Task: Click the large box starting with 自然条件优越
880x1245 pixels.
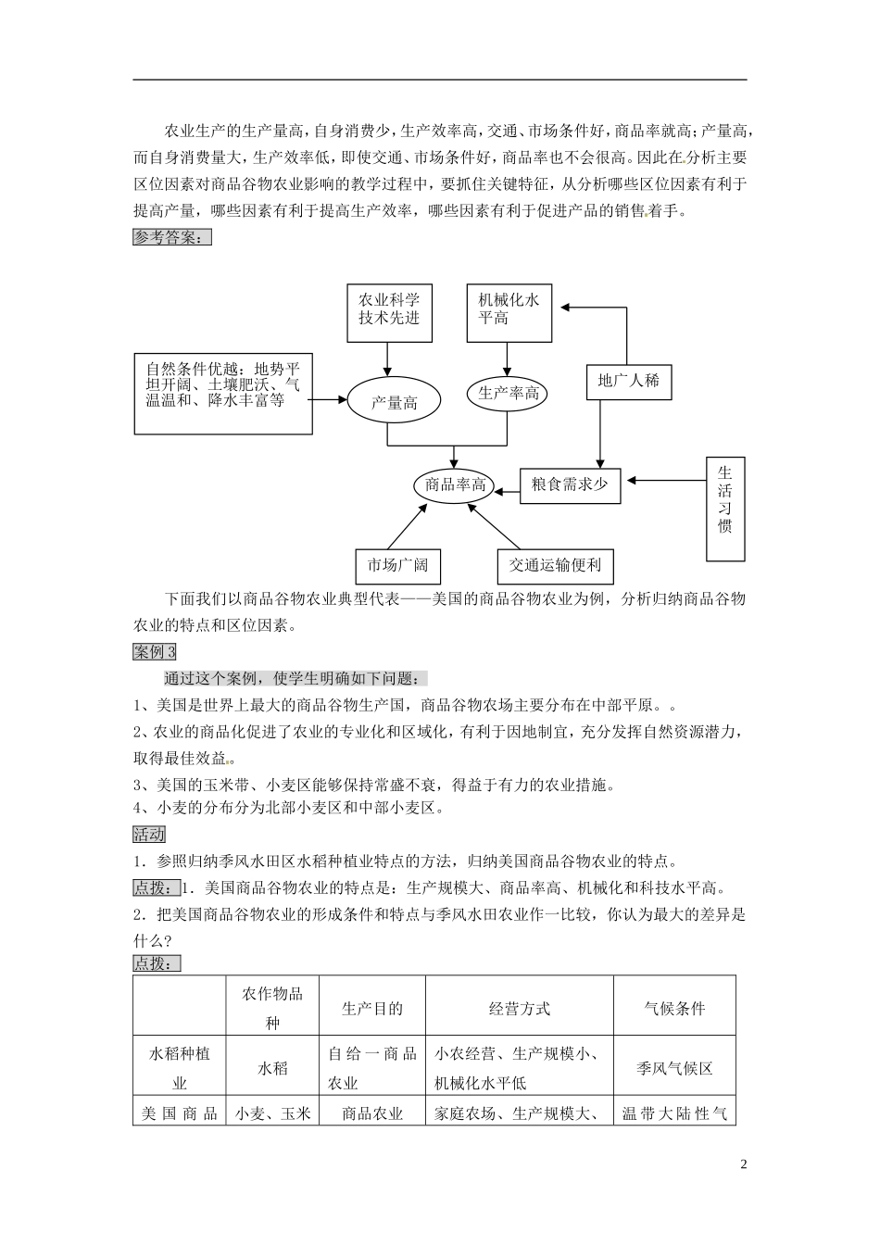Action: point(223,393)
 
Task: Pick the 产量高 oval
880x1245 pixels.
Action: point(395,403)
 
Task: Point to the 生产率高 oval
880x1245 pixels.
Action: point(508,394)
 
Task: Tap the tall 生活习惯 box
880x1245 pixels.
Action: point(725,509)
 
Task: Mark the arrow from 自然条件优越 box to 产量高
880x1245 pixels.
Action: point(329,399)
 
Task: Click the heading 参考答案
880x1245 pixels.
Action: point(172,237)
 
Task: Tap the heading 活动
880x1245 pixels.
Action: point(149,835)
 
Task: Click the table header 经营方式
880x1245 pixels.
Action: point(520,1009)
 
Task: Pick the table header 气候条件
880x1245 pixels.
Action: point(674,1009)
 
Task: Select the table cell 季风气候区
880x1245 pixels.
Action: point(674,1068)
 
